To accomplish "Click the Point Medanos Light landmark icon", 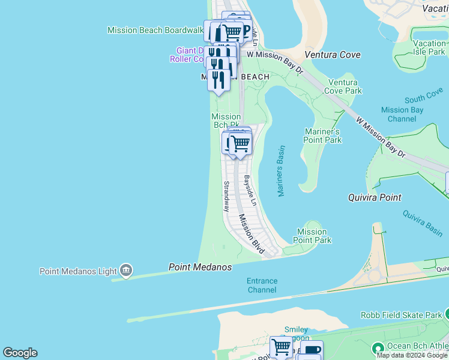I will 126,271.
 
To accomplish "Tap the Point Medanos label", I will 200,267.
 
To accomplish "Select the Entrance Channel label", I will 262,285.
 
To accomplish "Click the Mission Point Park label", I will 312,236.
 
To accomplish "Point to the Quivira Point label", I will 375,197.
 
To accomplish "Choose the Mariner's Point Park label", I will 323,136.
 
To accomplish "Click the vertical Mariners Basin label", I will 280,170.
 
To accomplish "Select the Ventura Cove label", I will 333,55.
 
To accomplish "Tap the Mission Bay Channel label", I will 402,114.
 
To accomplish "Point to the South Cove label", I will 423,98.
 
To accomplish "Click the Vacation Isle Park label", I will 429,47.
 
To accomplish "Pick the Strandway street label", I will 226,196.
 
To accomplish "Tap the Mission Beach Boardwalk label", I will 155,30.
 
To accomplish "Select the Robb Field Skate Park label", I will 401,314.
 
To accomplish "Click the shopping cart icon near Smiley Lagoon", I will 281,347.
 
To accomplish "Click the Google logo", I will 20,353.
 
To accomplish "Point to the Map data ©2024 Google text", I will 412,355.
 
